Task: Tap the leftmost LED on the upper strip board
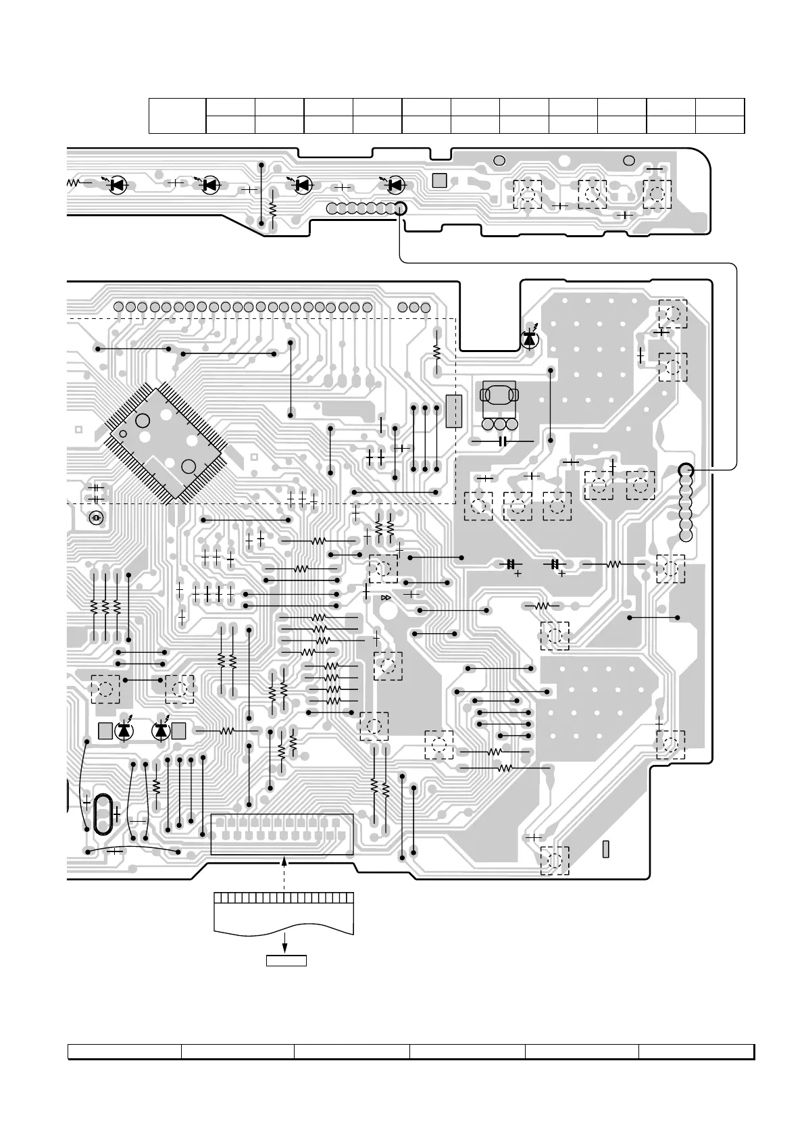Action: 119,183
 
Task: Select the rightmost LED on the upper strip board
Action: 395,183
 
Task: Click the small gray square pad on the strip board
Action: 439,180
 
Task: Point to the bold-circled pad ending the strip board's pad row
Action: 400,208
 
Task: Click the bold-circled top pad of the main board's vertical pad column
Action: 686,470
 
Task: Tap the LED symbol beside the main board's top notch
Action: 529,339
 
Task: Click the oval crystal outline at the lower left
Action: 101,814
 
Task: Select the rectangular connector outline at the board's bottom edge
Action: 282,835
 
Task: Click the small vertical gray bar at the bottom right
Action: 605,849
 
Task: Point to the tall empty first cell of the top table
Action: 177,116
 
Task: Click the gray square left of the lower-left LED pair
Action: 105,731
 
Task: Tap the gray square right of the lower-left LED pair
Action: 178,731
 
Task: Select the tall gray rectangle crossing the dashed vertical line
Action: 453,411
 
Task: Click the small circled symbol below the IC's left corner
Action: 96,518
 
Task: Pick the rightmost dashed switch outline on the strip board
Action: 657,194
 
